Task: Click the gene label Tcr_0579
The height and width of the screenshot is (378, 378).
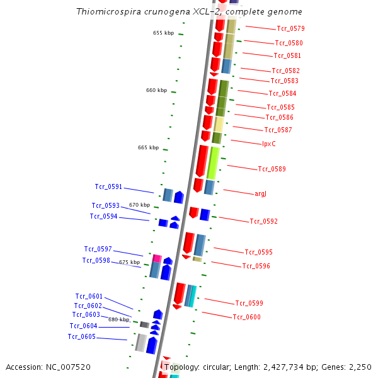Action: (x=290, y=28)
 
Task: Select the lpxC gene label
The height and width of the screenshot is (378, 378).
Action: (x=269, y=144)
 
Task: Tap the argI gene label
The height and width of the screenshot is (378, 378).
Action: (x=260, y=193)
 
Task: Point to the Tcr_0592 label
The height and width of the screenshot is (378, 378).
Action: (x=263, y=221)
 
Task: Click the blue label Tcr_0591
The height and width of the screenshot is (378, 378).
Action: (x=108, y=186)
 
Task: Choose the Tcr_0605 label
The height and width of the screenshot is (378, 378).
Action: (x=82, y=336)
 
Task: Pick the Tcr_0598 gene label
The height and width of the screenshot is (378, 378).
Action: (x=96, y=260)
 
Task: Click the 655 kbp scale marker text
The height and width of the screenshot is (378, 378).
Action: (x=163, y=33)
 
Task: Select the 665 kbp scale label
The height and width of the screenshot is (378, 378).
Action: (x=148, y=147)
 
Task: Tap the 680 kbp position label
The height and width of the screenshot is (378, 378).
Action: (x=118, y=319)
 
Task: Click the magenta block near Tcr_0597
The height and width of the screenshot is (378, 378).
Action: (x=157, y=258)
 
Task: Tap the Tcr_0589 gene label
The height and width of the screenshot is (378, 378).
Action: (x=272, y=169)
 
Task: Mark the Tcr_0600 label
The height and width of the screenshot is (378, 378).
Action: (x=246, y=317)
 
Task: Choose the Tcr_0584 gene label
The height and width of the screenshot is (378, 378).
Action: (x=282, y=93)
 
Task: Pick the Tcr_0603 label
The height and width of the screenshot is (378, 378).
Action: (x=86, y=314)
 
